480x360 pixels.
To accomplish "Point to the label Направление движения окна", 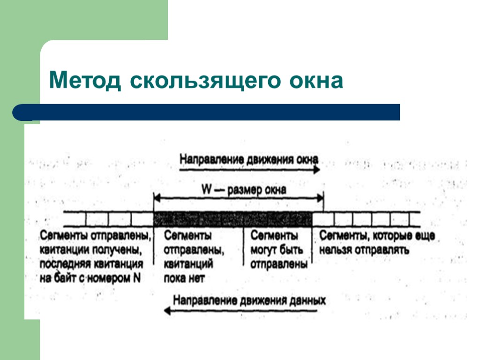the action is [249, 159].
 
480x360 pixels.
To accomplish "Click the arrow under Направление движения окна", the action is [249, 170].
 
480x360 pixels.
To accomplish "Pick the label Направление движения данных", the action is [249, 300].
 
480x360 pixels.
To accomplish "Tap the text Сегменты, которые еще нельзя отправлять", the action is [377, 243].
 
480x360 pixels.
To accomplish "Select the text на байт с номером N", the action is [90, 278].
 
